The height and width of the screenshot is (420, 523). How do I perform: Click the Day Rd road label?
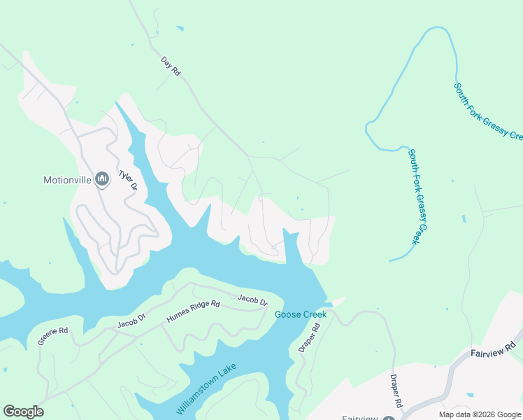point(171,66)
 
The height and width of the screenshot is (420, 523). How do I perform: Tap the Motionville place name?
point(67,180)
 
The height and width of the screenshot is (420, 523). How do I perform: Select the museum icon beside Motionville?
point(102,180)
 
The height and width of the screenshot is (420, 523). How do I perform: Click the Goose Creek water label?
point(301,314)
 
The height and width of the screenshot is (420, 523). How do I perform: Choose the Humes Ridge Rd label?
point(193,312)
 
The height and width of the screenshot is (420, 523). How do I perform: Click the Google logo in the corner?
point(23,412)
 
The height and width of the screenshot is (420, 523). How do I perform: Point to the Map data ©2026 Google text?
point(480,414)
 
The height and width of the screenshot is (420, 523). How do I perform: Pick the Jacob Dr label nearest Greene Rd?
point(132,322)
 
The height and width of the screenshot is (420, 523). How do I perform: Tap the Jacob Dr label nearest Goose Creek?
point(252,301)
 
